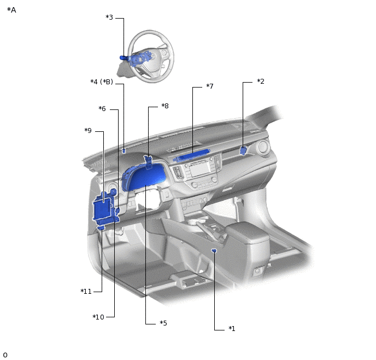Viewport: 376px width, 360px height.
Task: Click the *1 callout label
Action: pos(232,328)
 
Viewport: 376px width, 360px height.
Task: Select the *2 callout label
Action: pos(261,82)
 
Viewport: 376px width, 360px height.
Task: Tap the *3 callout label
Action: pos(109,18)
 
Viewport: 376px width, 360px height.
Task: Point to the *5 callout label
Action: pos(163,323)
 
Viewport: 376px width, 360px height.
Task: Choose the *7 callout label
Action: pos(210,86)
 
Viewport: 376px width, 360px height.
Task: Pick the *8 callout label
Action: pos(165,106)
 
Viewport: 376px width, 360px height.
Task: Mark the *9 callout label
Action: pos(88,130)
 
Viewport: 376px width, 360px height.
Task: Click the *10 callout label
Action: pos(98,317)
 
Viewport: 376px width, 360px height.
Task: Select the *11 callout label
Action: pos(86,292)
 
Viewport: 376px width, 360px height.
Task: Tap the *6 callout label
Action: pos(102,108)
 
